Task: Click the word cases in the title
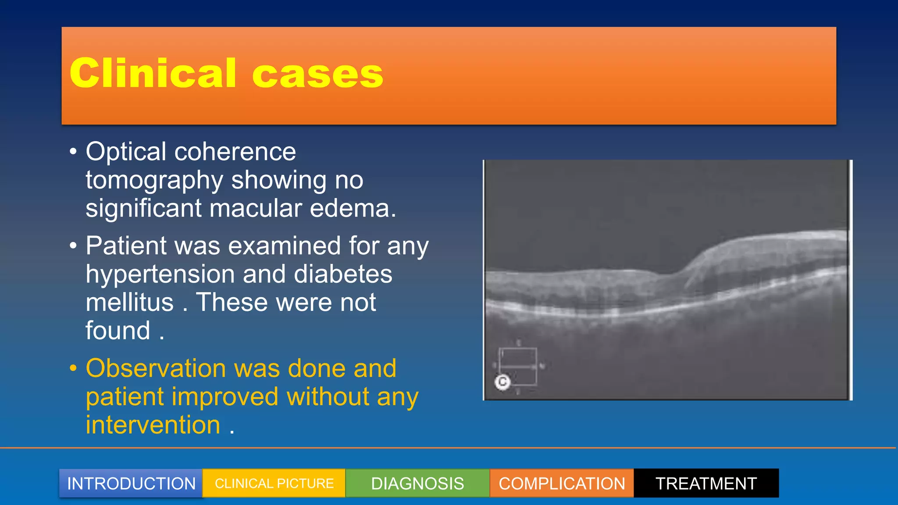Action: point(317,75)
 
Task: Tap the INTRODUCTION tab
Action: point(131,484)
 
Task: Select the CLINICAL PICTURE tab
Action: point(274,484)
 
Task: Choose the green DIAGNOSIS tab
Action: point(417,484)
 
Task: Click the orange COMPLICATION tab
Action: point(562,484)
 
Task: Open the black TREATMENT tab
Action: point(706,484)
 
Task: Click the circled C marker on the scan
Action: point(502,382)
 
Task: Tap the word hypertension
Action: point(160,274)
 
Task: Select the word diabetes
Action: point(343,274)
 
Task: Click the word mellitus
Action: point(130,302)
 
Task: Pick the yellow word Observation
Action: point(156,368)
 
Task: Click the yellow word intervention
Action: point(153,425)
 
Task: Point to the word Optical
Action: point(126,152)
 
